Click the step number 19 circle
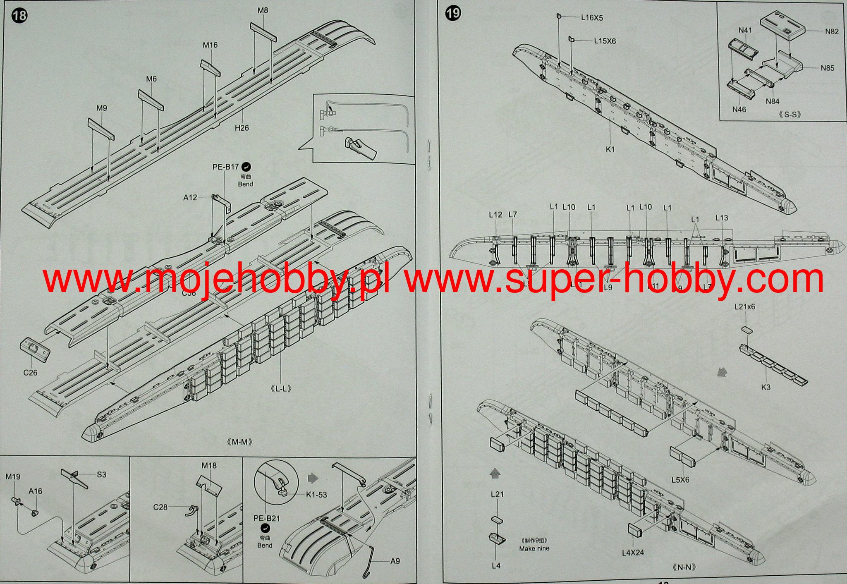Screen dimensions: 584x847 [453, 13]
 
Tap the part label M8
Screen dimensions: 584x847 [263, 10]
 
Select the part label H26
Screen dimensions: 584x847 [242, 128]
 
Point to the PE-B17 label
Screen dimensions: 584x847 [226, 167]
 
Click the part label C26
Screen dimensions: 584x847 [30, 373]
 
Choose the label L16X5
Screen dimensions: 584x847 [592, 18]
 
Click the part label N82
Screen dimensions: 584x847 [832, 31]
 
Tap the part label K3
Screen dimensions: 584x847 [766, 388]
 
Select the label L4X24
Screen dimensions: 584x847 [633, 553]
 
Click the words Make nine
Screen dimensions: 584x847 [534, 548]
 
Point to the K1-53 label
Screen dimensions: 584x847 [316, 495]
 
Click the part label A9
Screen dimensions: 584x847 [395, 561]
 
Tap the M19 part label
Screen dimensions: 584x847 [13, 477]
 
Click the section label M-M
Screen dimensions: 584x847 [240, 442]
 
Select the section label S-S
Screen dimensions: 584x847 [790, 114]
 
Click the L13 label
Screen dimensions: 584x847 [722, 218]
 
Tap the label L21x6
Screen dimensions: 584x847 [744, 307]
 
